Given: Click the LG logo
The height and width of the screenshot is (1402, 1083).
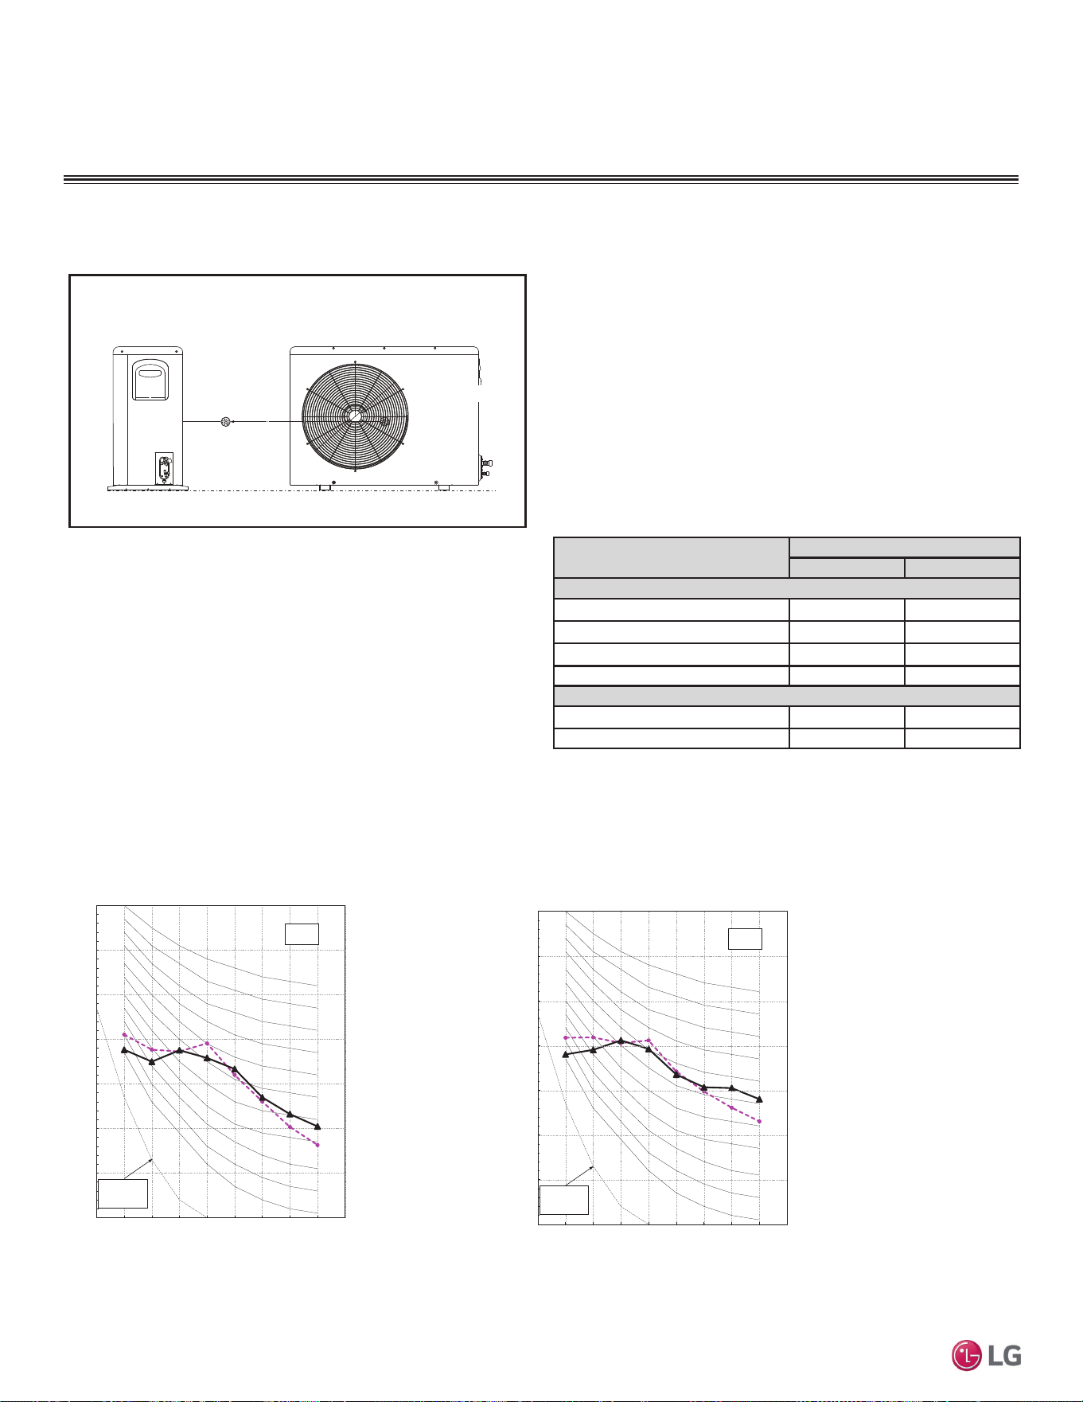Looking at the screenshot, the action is tap(987, 1356).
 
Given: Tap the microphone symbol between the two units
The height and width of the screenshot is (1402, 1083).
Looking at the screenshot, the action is tap(225, 421).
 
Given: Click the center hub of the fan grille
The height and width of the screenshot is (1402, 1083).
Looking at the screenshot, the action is tap(355, 416).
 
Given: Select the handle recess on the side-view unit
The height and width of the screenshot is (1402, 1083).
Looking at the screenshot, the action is tap(150, 380).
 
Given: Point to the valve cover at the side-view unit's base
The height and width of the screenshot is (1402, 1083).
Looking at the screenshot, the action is tap(164, 468).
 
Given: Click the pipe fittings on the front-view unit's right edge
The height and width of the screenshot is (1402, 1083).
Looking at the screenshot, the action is tap(485, 467).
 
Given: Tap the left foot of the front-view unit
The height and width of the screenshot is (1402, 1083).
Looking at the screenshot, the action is tap(325, 488).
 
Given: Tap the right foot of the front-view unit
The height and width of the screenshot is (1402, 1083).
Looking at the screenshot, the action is tap(443, 488).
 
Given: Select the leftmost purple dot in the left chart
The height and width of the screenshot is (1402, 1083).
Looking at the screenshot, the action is tap(124, 1034).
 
